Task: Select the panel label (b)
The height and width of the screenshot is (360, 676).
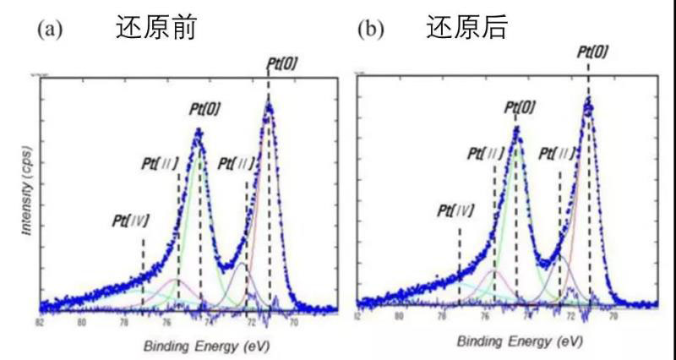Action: coord(371,30)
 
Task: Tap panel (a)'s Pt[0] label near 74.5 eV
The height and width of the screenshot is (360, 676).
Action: coord(204,110)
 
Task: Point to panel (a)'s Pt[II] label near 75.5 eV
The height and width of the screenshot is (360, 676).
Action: coord(160,162)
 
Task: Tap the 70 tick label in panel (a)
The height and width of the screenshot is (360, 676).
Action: coord(293,322)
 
